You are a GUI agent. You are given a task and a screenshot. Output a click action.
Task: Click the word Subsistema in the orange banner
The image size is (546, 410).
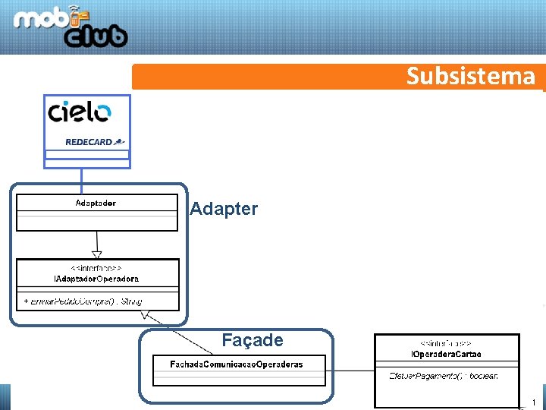[470, 77]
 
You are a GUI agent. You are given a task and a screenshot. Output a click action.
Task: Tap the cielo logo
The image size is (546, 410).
[80, 113]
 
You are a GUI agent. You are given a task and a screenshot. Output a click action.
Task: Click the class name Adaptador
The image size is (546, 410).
[96, 203]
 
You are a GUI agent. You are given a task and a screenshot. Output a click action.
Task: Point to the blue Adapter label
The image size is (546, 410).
[224, 209]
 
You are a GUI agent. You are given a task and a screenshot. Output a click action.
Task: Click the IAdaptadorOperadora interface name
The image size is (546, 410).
[96, 279]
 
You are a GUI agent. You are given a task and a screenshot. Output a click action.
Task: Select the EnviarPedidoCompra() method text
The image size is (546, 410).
[83, 301]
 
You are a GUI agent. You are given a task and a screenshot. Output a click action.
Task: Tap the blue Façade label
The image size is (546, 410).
[252, 340]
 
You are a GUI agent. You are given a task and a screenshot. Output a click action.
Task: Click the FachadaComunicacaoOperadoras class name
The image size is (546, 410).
[236, 364]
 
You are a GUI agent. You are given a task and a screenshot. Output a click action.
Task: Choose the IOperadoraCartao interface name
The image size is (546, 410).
[446, 354]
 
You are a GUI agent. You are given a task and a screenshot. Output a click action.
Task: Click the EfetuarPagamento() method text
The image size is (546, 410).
[443, 377]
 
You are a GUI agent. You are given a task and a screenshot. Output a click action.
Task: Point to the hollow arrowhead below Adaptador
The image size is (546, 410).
[96, 254]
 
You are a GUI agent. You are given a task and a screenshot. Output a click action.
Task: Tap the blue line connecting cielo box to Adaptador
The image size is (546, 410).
[82, 176]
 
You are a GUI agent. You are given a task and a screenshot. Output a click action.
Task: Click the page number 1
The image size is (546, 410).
[534, 402]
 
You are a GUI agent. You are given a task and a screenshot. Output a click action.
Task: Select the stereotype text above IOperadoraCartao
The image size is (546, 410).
[446, 344]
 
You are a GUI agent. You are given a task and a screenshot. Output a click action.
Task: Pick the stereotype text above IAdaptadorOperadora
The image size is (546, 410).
[96, 269]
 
